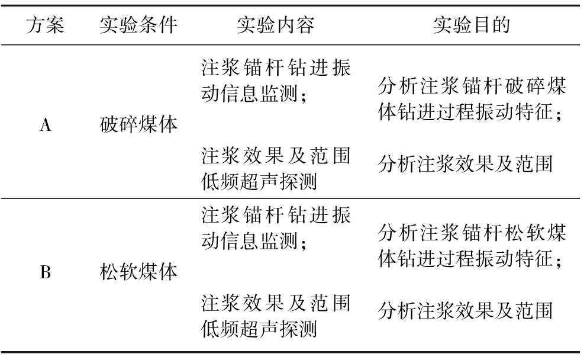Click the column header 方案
(45, 25)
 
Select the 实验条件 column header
(138, 25)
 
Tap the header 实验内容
(276, 25)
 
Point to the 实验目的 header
(472, 25)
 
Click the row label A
(46, 125)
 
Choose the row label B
(46, 272)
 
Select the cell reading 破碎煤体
(138, 124)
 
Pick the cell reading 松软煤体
(138, 272)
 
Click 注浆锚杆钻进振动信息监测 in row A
(276, 81)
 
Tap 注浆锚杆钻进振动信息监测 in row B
(276, 227)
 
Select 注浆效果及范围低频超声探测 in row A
(276, 169)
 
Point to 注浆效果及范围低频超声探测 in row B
(276, 316)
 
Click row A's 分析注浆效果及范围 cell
(465, 163)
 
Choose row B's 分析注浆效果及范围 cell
(465, 310)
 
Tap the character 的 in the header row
(501, 25)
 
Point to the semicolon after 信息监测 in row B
(304, 243)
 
